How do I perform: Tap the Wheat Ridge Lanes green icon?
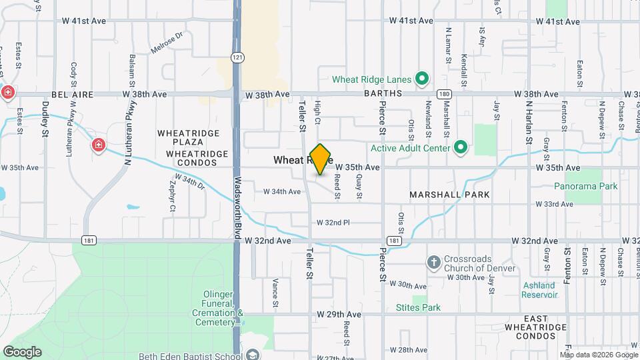[421, 79]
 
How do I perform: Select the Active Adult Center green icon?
[460, 147]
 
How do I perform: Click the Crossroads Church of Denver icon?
[433, 262]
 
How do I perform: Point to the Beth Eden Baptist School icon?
[252, 355]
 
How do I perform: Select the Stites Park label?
[418, 307]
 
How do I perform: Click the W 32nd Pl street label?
[333, 222]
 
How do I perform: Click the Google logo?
[22, 351]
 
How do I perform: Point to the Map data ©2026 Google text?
[598, 355]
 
